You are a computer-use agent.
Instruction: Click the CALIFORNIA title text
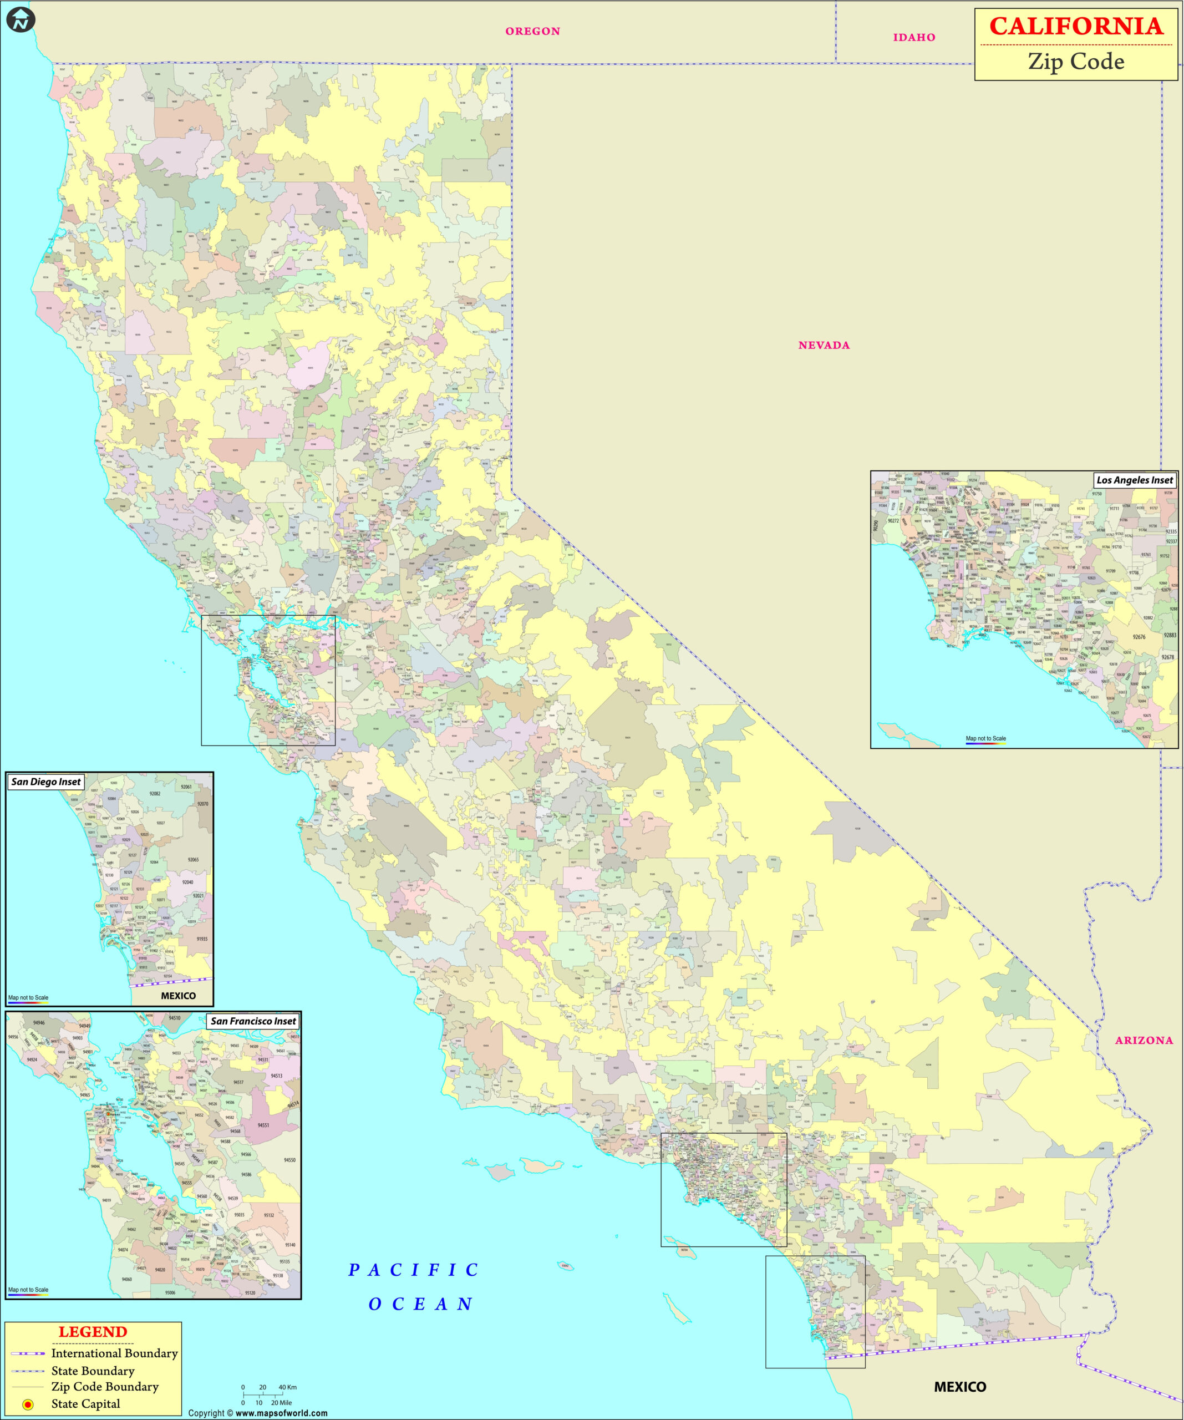[1076, 27]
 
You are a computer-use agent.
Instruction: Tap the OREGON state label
[533, 31]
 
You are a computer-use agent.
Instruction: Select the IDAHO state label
[914, 37]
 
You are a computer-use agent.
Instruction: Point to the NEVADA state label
[824, 345]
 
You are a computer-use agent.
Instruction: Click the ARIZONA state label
[1144, 1040]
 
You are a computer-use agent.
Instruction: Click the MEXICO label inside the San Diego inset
[178, 995]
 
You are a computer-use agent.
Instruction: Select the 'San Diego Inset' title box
[46, 782]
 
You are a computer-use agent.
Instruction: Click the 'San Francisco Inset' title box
[253, 1021]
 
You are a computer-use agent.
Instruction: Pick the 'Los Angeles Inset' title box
[1135, 480]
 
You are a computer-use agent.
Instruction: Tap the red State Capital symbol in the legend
[28, 1404]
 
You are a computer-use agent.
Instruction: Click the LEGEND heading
[93, 1331]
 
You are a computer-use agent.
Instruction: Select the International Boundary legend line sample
[28, 1353]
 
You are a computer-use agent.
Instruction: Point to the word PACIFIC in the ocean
[413, 1270]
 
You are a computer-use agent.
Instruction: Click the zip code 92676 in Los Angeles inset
[1139, 637]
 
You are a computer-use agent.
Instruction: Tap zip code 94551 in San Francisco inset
[263, 1125]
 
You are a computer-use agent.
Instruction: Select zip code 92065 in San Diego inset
[193, 859]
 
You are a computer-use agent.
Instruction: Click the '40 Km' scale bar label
[287, 1387]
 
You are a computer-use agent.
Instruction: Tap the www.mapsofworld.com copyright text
[281, 1413]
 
